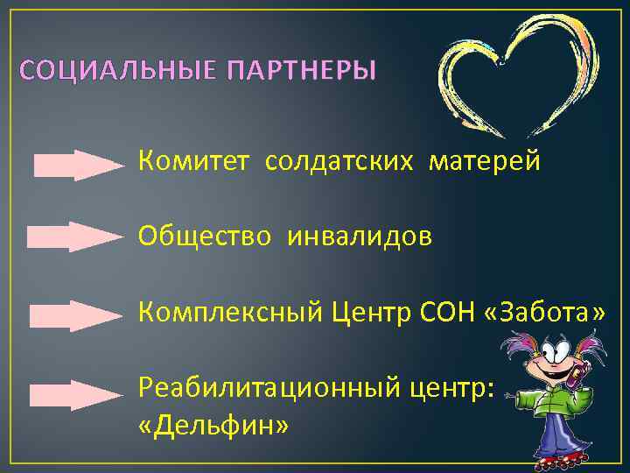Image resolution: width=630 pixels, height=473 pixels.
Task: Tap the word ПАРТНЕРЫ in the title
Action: click(x=301, y=70)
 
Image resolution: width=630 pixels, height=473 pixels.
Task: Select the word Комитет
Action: click(x=195, y=161)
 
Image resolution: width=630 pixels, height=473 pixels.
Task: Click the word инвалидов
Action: click(x=359, y=236)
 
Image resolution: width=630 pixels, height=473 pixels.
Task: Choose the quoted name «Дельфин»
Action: click(x=212, y=426)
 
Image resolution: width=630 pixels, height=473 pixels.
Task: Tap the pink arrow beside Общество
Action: click(x=75, y=237)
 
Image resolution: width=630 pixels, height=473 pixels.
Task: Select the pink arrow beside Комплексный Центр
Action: click(x=75, y=315)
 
